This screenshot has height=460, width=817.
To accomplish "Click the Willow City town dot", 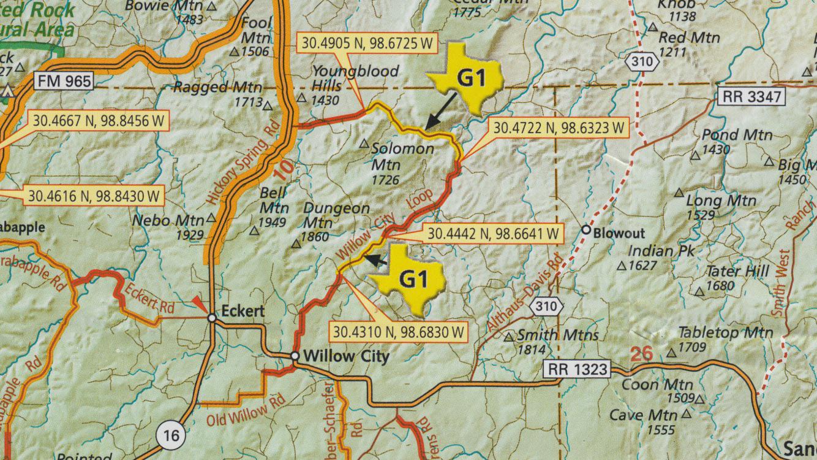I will pyautogui.click(x=295, y=356).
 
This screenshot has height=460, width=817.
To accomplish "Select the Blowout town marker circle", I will pyautogui.click(x=585, y=230).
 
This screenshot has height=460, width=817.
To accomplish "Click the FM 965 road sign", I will pyautogui.click(x=64, y=81).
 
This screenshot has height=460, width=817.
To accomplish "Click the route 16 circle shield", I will pyautogui.click(x=173, y=435).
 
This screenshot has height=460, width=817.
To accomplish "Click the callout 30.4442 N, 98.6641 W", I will pyautogui.click(x=493, y=234).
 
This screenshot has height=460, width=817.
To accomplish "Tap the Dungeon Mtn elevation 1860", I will pyautogui.click(x=315, y=237).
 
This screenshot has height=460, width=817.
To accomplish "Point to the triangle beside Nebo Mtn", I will pyautogui.click(x=211, y=218).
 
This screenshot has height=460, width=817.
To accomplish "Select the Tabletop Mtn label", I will pyautogui.click(x=725, y=332).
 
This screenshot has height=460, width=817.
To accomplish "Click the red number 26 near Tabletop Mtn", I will pyautogui.click(x=642, y=354).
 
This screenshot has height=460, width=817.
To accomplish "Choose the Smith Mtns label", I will pyautogui.click(x=557, y=335).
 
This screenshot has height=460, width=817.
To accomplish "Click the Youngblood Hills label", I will pyautogui.click(x=355, y=78).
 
